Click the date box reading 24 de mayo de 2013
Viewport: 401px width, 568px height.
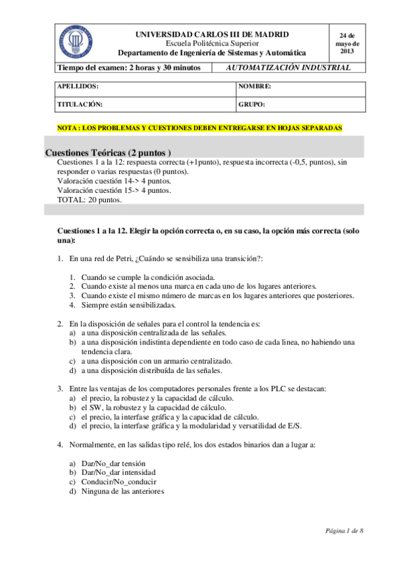(x=347, y=42)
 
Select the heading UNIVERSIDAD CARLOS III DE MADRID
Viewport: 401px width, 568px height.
(x=212, y=33)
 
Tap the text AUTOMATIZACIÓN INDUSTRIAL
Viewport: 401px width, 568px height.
(x=289, y=68)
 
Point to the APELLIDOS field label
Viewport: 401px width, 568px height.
(x=78, y=87)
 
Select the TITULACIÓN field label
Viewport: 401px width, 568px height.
(x=80, y=104)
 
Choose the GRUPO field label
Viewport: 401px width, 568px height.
(x=252, y=104)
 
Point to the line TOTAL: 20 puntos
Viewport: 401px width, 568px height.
(x=90, y=200)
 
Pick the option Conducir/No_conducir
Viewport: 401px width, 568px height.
(x=115, y=482)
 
